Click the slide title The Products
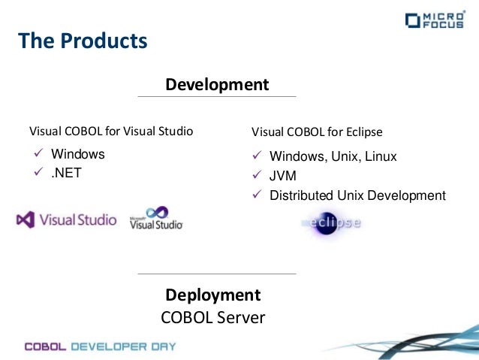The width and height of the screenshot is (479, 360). coord(83,40)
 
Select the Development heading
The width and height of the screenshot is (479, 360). coord(217,84)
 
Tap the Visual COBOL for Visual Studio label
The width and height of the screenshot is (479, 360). coord(111,132)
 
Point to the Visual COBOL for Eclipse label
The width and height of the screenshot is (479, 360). coord(317,132)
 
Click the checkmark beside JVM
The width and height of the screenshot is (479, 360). coord(256,177)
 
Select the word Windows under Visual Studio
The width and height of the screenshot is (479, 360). coord(78,154)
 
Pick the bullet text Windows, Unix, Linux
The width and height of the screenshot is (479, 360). coord(333,157)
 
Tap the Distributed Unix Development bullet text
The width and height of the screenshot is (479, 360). coord(357,195)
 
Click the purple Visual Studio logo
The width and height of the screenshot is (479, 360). coord(67,220)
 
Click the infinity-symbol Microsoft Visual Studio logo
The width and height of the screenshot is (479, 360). coord(156,218)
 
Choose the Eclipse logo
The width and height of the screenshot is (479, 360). coord(331,222)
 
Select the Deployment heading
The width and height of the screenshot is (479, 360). coord(213,295)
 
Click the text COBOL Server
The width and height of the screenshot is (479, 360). coord(213,317)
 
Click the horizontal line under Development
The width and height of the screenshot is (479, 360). coord(217,97)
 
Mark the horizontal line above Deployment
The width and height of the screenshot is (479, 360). coord(217,274)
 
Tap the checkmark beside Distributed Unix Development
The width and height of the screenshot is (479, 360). coord(256,195)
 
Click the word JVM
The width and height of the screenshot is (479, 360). coord(283,177)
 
